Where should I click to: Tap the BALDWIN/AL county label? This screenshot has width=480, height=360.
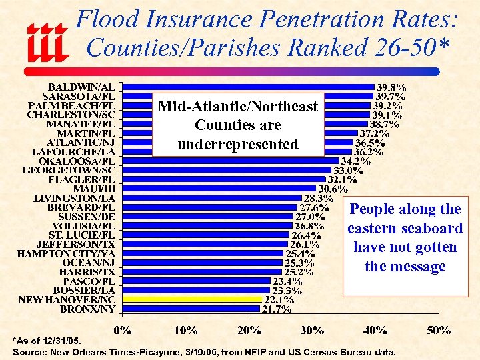tap(81, 87)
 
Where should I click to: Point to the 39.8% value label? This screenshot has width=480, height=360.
tap(392, 87)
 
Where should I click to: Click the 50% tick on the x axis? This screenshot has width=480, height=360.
tap(439, 329)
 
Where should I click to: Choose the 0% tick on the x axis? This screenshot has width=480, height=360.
tap(123, 329)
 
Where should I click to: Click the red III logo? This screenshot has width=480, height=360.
tap(47, 42)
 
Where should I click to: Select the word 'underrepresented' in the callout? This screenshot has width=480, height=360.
tap(238, 144)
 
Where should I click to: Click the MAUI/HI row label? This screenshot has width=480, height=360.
tap(93, 189)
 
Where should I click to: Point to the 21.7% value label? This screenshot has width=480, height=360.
tap(278, 309)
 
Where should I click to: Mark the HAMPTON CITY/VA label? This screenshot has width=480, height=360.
tap(66, 253)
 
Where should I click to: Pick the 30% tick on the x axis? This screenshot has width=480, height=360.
tap(312, 329)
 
